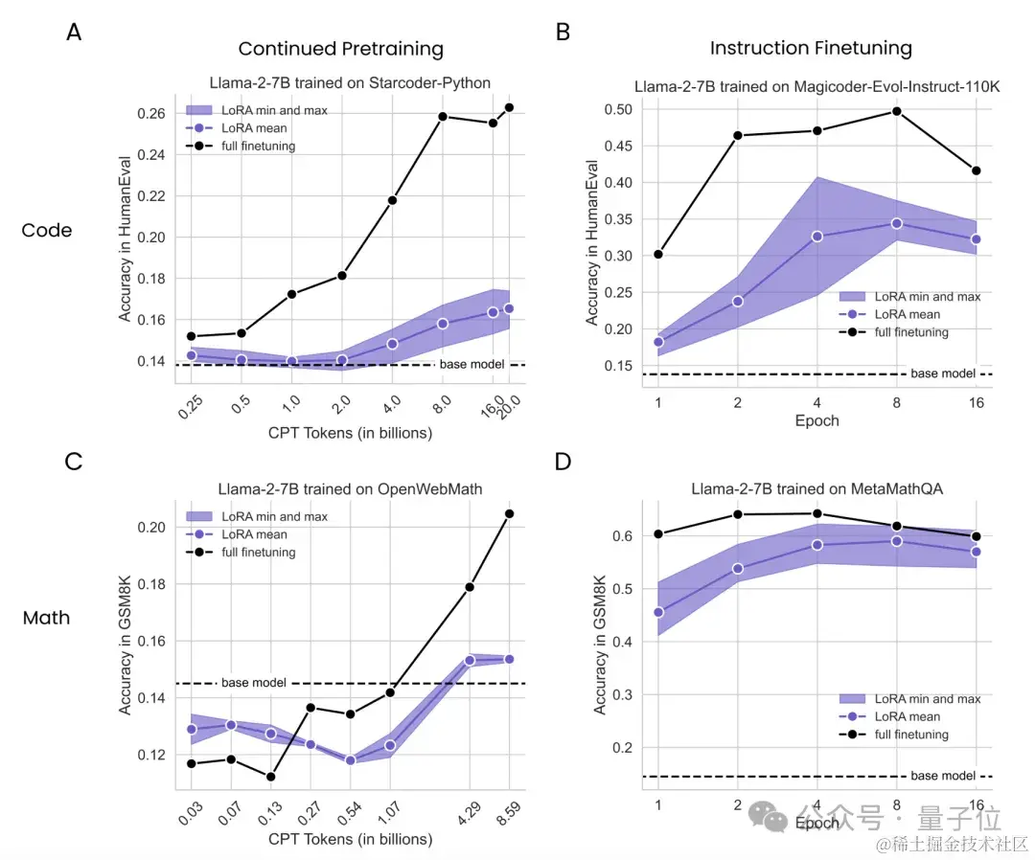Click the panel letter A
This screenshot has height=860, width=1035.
74,32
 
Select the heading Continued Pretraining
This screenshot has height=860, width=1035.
340,49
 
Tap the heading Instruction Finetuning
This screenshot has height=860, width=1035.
811,48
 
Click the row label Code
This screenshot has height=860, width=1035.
47,230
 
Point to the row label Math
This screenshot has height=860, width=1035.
47,618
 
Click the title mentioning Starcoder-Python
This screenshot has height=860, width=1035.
350,83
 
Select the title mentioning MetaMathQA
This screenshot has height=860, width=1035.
816,488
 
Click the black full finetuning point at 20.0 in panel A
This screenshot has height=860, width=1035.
509,107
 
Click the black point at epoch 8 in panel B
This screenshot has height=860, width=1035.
897,111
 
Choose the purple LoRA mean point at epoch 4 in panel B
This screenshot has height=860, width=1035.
817,236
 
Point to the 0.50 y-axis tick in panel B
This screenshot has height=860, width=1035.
620,109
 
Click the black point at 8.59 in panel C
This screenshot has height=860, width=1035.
509,513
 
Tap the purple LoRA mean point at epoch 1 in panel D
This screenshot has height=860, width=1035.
658,612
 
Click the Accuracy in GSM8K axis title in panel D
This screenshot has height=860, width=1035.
600,638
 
